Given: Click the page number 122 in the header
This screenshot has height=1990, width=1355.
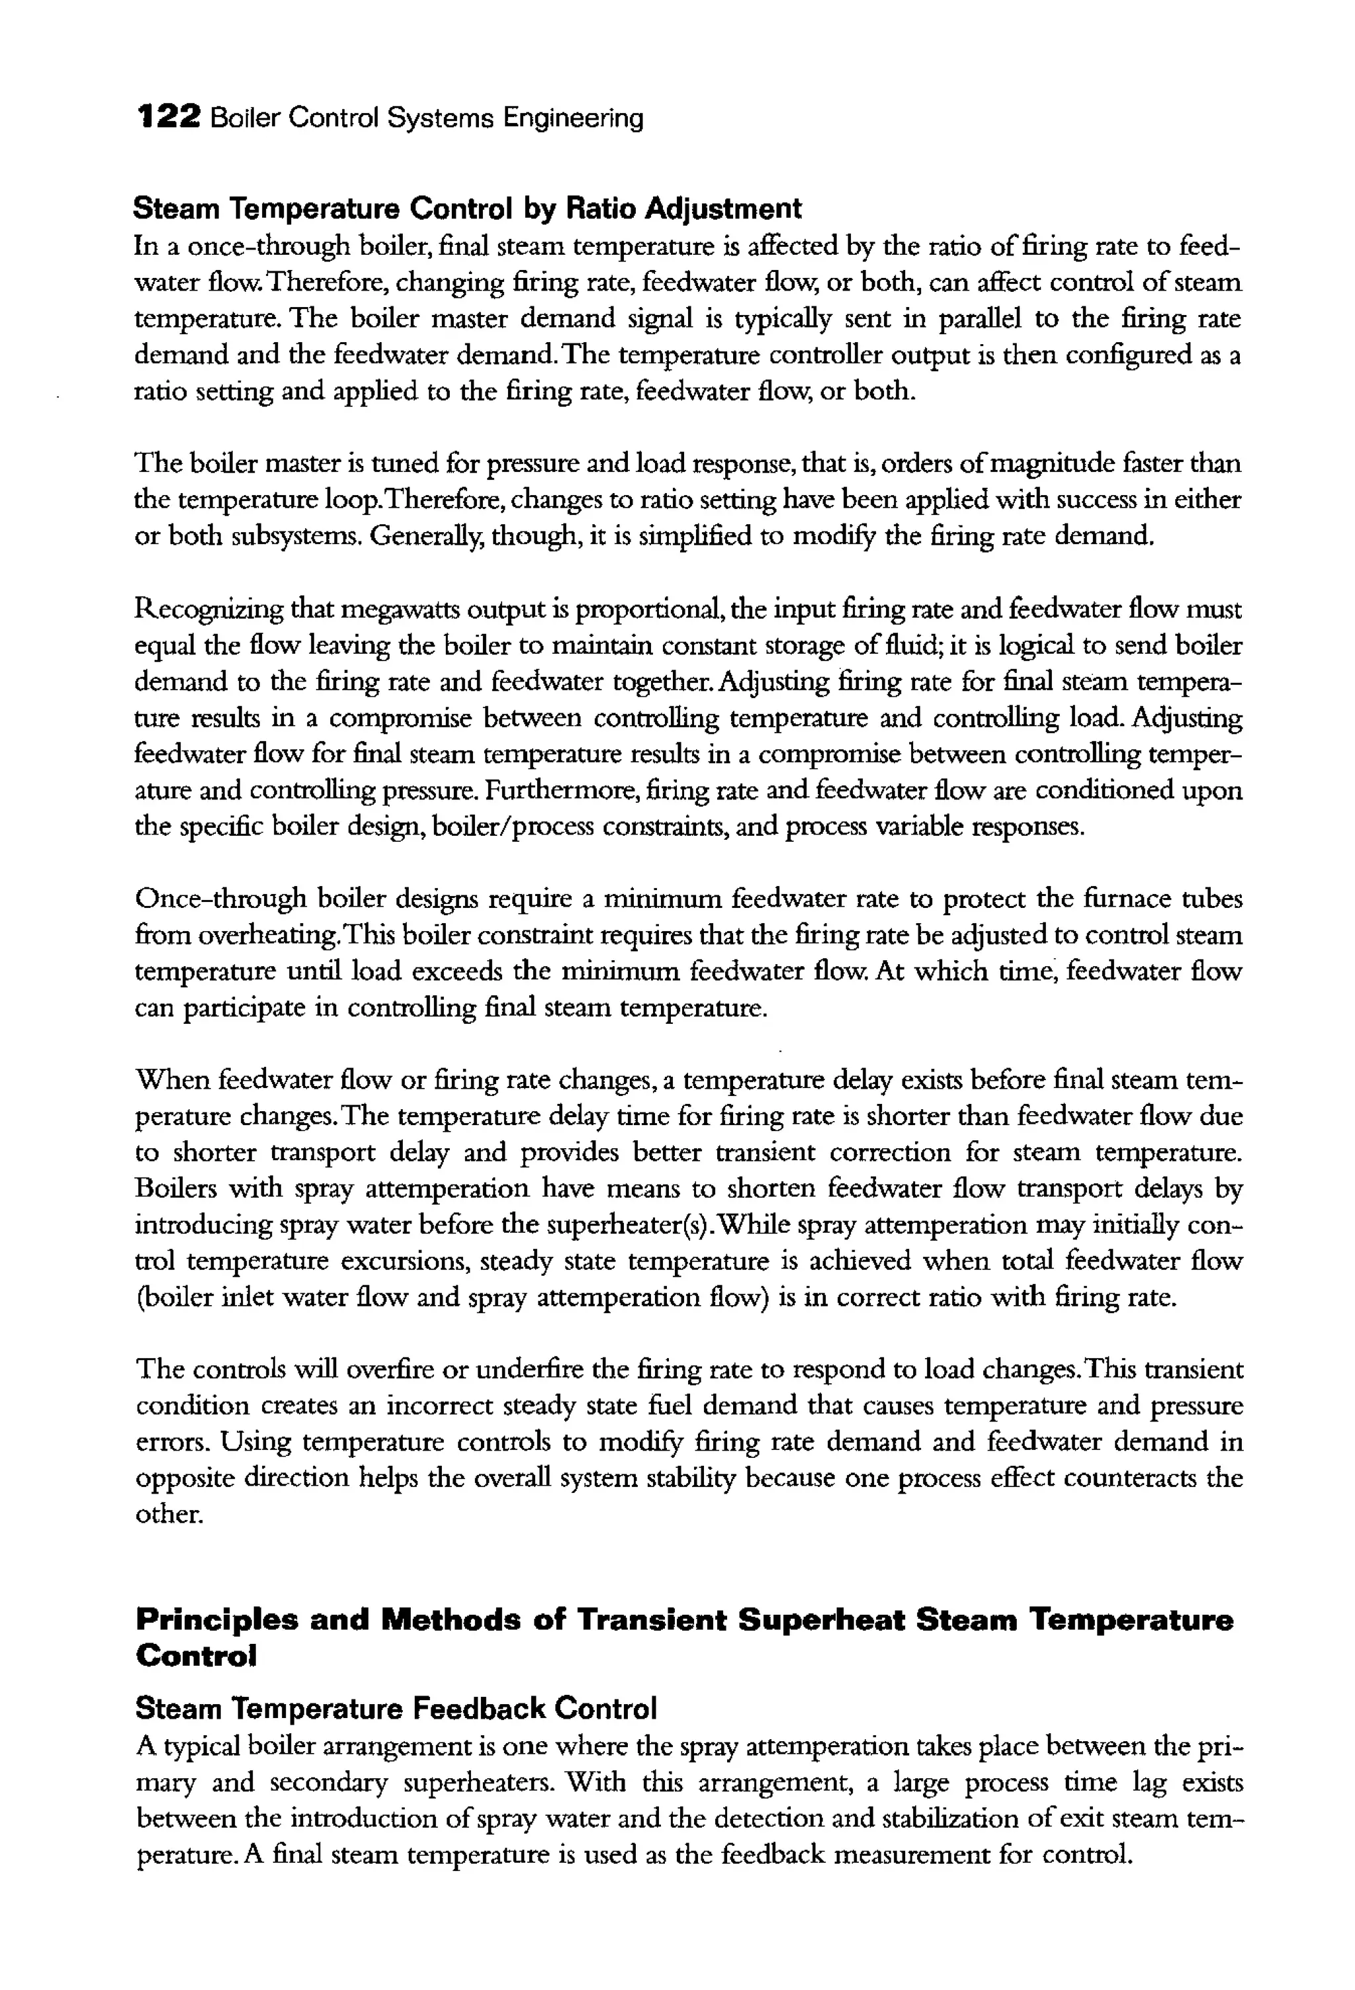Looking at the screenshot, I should click(x=169, y=116).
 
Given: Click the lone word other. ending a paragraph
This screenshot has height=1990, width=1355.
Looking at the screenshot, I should click(x=169, y=1514).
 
